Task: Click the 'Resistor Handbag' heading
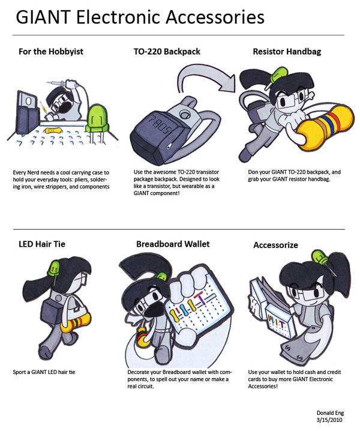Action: click(287, 52)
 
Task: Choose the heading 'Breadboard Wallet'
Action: click(174, 244)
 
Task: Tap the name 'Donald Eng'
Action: click(331, 414)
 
